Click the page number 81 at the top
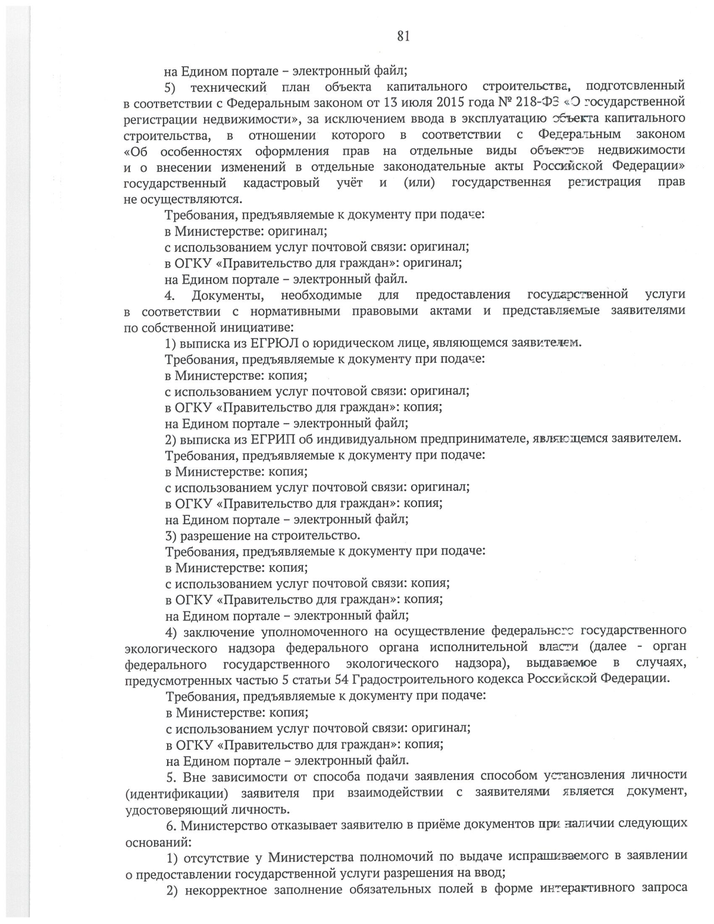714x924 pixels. coord(403,37)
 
